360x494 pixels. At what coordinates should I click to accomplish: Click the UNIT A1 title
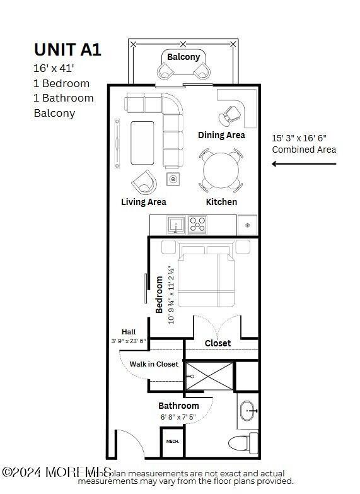click(67, 50)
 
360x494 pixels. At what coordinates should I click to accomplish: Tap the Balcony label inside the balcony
click(183, 57)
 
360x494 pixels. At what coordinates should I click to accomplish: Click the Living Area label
click(144, 202)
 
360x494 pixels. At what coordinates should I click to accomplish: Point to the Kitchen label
click(222, 202)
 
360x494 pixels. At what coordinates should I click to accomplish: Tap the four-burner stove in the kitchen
click(198, 225)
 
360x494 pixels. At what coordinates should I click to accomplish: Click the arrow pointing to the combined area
click(304, 164)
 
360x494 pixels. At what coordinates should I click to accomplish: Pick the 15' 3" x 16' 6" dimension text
click(299, 138)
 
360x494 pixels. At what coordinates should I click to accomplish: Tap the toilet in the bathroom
click(242, 443)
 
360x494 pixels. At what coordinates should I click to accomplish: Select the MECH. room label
click(173, 442)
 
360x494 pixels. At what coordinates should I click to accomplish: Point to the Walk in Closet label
click(154, 364)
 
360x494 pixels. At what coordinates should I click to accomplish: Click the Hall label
click(129, 332)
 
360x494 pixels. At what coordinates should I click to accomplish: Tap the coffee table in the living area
click(142, 142)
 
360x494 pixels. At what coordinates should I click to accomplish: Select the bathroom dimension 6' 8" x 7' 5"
click(178, 417)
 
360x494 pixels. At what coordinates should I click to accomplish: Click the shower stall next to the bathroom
click(210, 377)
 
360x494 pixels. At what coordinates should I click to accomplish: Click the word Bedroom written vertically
click(160, 295)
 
